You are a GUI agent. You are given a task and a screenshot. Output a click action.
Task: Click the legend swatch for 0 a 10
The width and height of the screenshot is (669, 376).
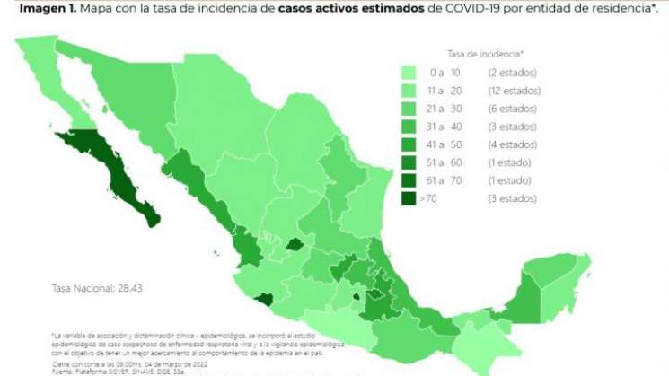pos(409,73)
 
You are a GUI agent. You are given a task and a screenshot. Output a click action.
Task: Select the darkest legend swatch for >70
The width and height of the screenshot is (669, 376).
pos(409,198)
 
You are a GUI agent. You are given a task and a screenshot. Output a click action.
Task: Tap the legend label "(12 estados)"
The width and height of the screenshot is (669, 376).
pos(515,91)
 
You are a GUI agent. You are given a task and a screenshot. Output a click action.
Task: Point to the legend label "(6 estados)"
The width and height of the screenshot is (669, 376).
pos(513,109)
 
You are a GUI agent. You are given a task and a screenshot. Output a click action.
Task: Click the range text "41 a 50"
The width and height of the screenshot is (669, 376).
pos(444,144)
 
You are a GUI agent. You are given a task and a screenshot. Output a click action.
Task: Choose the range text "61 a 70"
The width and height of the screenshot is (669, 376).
pos(444,180)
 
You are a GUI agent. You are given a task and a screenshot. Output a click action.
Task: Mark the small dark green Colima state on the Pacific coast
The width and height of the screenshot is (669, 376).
pos(262,298)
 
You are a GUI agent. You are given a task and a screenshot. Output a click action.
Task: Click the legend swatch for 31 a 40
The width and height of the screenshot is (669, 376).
pos(409,127)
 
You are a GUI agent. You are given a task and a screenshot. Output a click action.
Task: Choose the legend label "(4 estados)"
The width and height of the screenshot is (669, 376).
pos(513,144)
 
